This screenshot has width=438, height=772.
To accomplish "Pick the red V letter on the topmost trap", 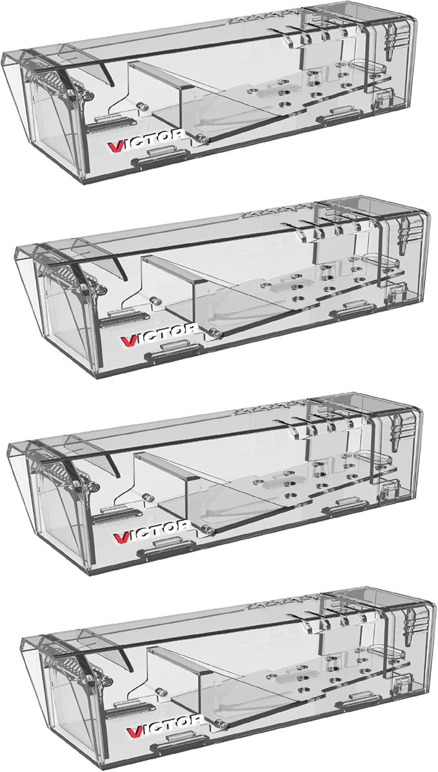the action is pyautogui.click(x=114, y=144).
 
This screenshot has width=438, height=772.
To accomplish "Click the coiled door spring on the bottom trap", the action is pyautogui.click(x=74, y=666).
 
